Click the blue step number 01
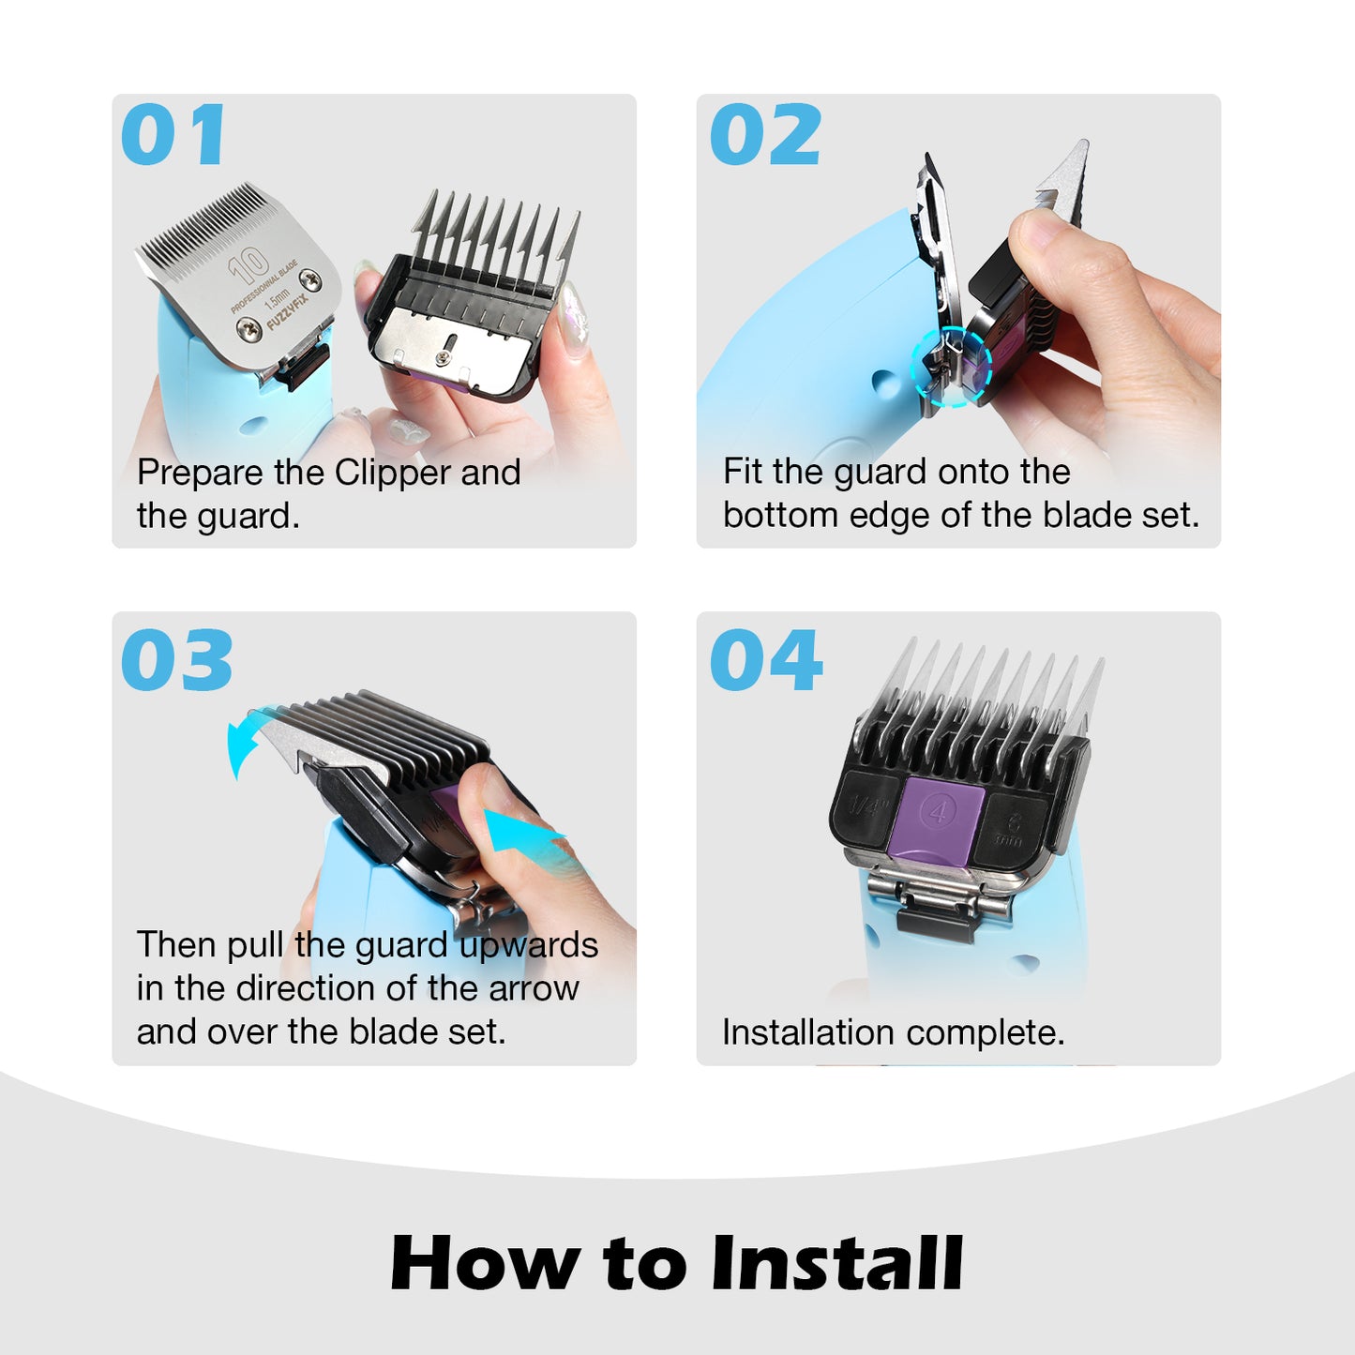[x=173, y=134]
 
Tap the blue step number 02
[x=765, y=134]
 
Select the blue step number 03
[x=176, y=660]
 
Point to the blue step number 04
[x=766, y=660]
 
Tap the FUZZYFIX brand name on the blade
[x=288, y=313]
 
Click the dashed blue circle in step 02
[x=951, y=366]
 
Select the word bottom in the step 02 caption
[x=780, y=516]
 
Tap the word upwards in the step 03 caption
[x=528, y=945]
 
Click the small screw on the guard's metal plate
[x=441, y=358]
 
